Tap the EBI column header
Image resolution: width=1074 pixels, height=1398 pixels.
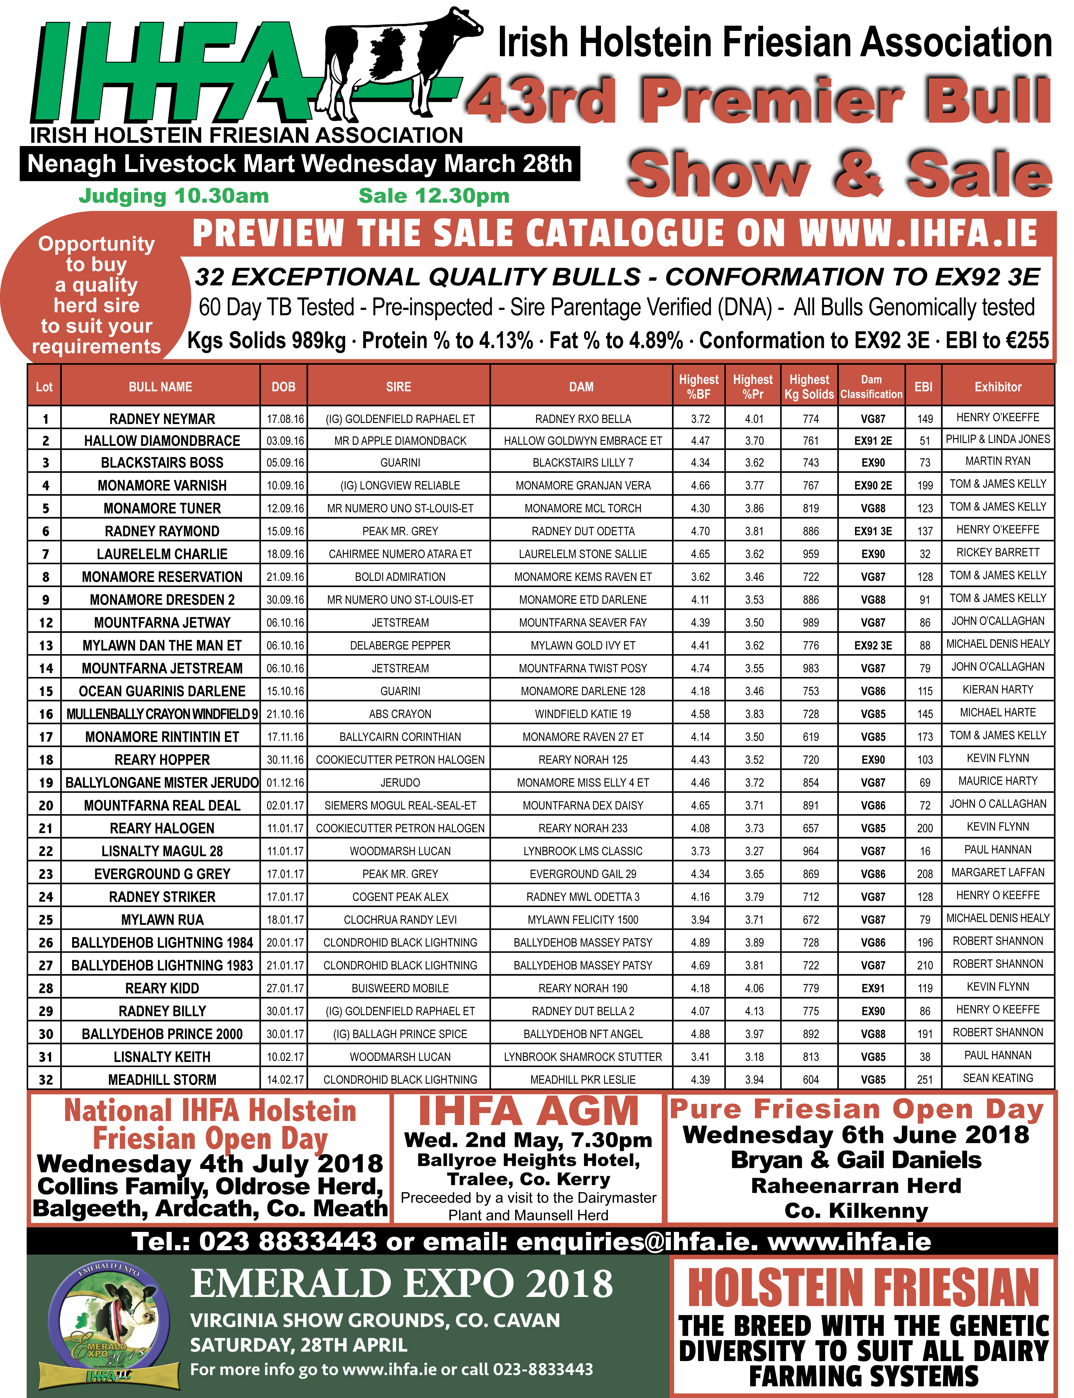click(x=923, y=387)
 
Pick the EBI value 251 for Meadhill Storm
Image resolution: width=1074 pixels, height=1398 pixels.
click(x=924, y=1080)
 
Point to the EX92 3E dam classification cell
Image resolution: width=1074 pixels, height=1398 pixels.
click(x=873, y=645)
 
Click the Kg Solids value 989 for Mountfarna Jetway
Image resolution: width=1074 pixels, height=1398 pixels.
click(x=811, y=622)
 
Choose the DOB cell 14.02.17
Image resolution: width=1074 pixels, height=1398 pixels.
click(x=285, y=1080)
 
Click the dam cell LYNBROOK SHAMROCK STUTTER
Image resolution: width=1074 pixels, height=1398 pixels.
click(x=582, y=1057)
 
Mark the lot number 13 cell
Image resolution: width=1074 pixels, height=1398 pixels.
click(x=45, y=645)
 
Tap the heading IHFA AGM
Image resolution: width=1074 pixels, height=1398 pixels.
click(x=528, y=1112)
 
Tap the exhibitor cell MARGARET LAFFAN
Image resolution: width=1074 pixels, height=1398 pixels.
click(x=997, y=872)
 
